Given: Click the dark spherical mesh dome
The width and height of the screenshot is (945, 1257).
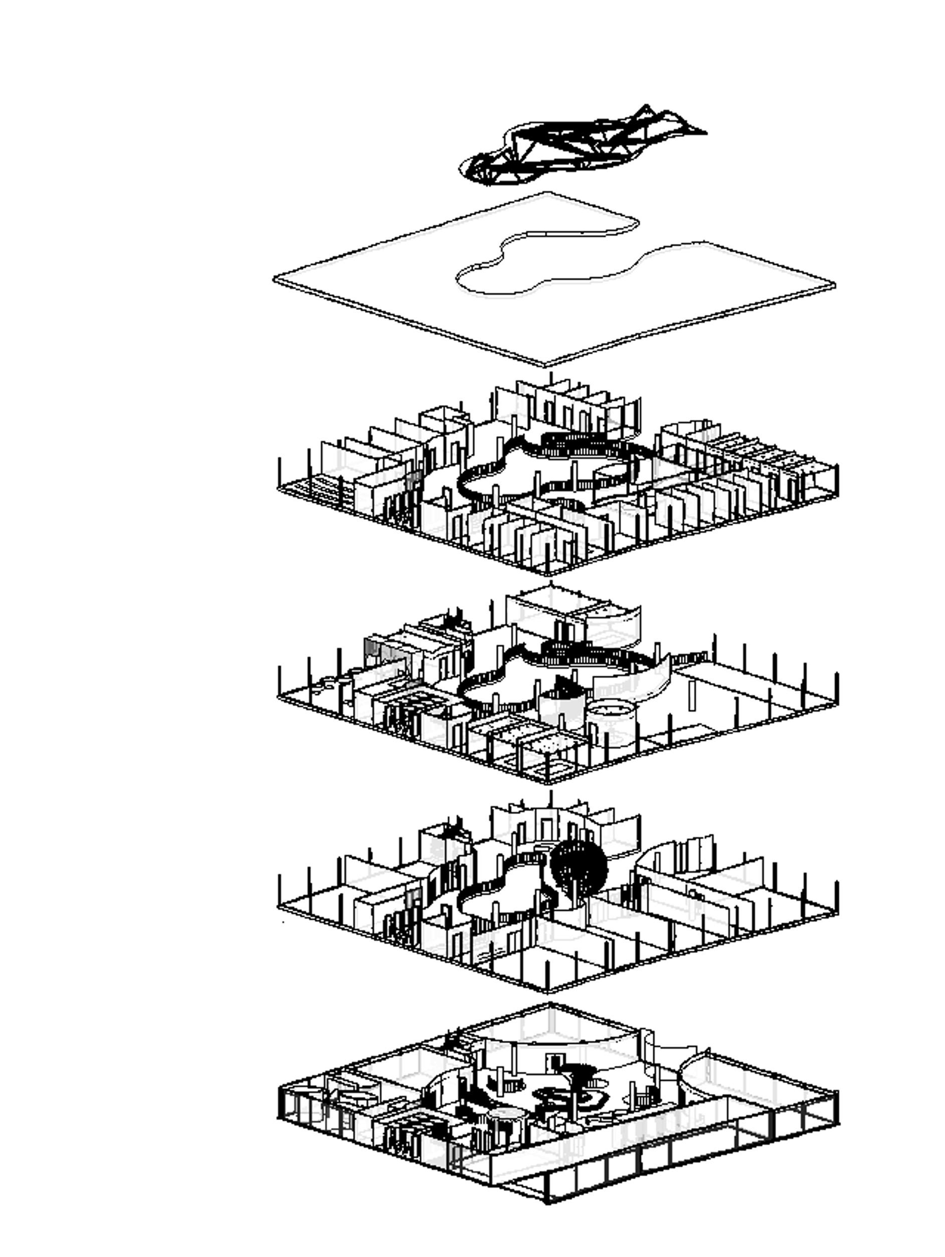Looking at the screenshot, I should tap(578, 865).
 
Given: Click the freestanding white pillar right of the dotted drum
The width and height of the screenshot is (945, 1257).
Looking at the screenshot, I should tap(692, 694).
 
